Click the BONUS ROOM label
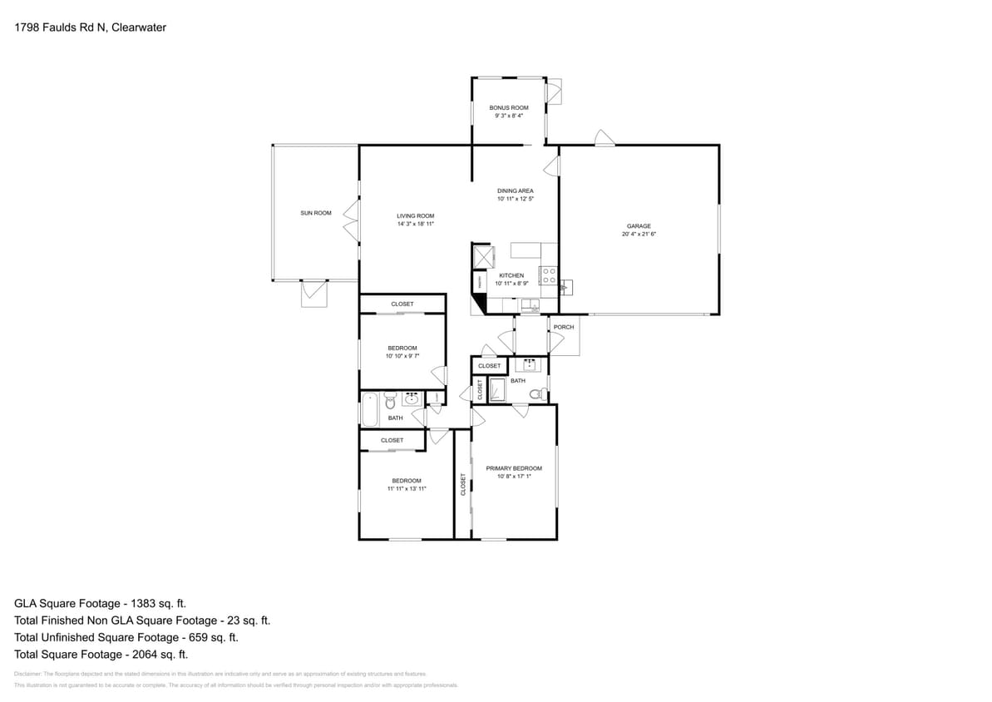(508, 108)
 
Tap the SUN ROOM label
(315, 213)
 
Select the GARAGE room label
(638, 226)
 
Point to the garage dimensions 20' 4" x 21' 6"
(638, 235)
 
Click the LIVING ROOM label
(415, 216)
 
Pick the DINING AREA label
(515, 191)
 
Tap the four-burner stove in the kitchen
(548, 275)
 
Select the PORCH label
(563, 327)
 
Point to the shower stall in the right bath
(496, 390)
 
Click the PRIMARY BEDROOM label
(514, 468)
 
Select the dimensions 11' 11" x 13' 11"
(407, 489)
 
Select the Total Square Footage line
(101, 654)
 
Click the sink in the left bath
(412, 400)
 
